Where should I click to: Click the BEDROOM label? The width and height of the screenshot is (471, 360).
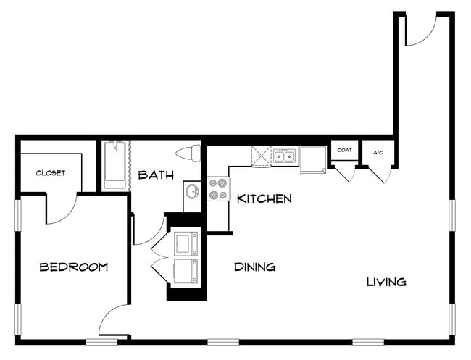(73, 267)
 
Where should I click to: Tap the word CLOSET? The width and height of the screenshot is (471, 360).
(50, 173)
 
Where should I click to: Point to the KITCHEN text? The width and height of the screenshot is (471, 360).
(264, 198)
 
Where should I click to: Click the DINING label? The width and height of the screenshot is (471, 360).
(255, 267)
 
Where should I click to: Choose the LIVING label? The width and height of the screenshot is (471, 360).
(385, 282)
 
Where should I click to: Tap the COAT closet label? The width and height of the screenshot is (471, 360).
(344, 151)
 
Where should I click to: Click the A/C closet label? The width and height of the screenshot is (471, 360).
(378, 152)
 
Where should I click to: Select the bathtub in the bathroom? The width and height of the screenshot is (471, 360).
(114, 165)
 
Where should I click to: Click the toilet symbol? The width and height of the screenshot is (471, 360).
(188, 154)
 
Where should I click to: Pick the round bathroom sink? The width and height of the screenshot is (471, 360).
(193, 193)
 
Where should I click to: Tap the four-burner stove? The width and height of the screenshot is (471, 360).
(218, 190)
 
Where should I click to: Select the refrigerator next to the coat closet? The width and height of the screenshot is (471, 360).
(313, 159)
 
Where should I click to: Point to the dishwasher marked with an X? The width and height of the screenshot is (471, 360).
(261, 156)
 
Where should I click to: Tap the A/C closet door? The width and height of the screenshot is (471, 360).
(380, 175)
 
